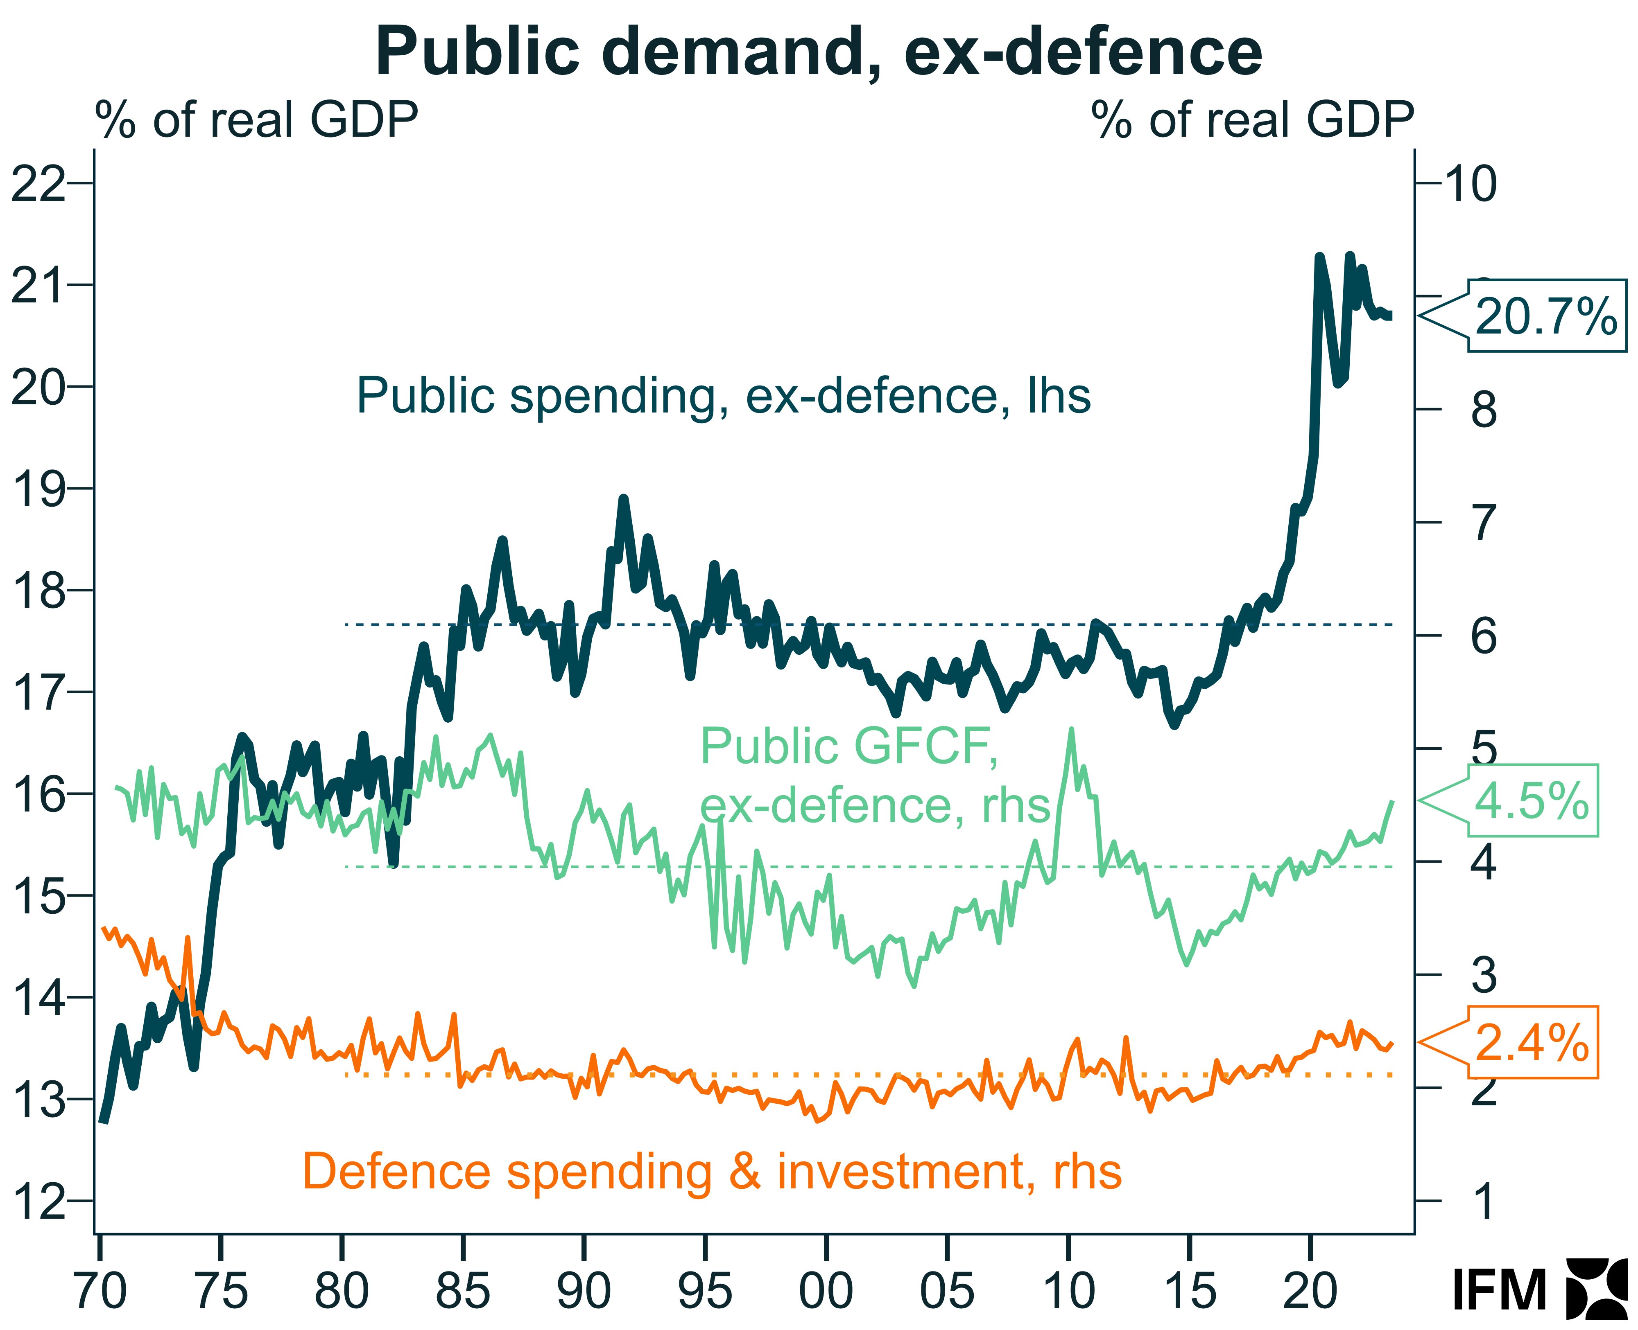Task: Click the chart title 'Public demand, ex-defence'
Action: pos(819,52)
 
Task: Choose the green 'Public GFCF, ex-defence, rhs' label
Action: pos(874,775)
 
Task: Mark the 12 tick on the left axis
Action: pos(38,1201)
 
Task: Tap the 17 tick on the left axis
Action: pos(38,692)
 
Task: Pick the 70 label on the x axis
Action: pos(100,1290)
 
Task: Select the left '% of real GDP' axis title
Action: pos(257,120)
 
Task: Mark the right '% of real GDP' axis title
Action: pos(1252,120)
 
